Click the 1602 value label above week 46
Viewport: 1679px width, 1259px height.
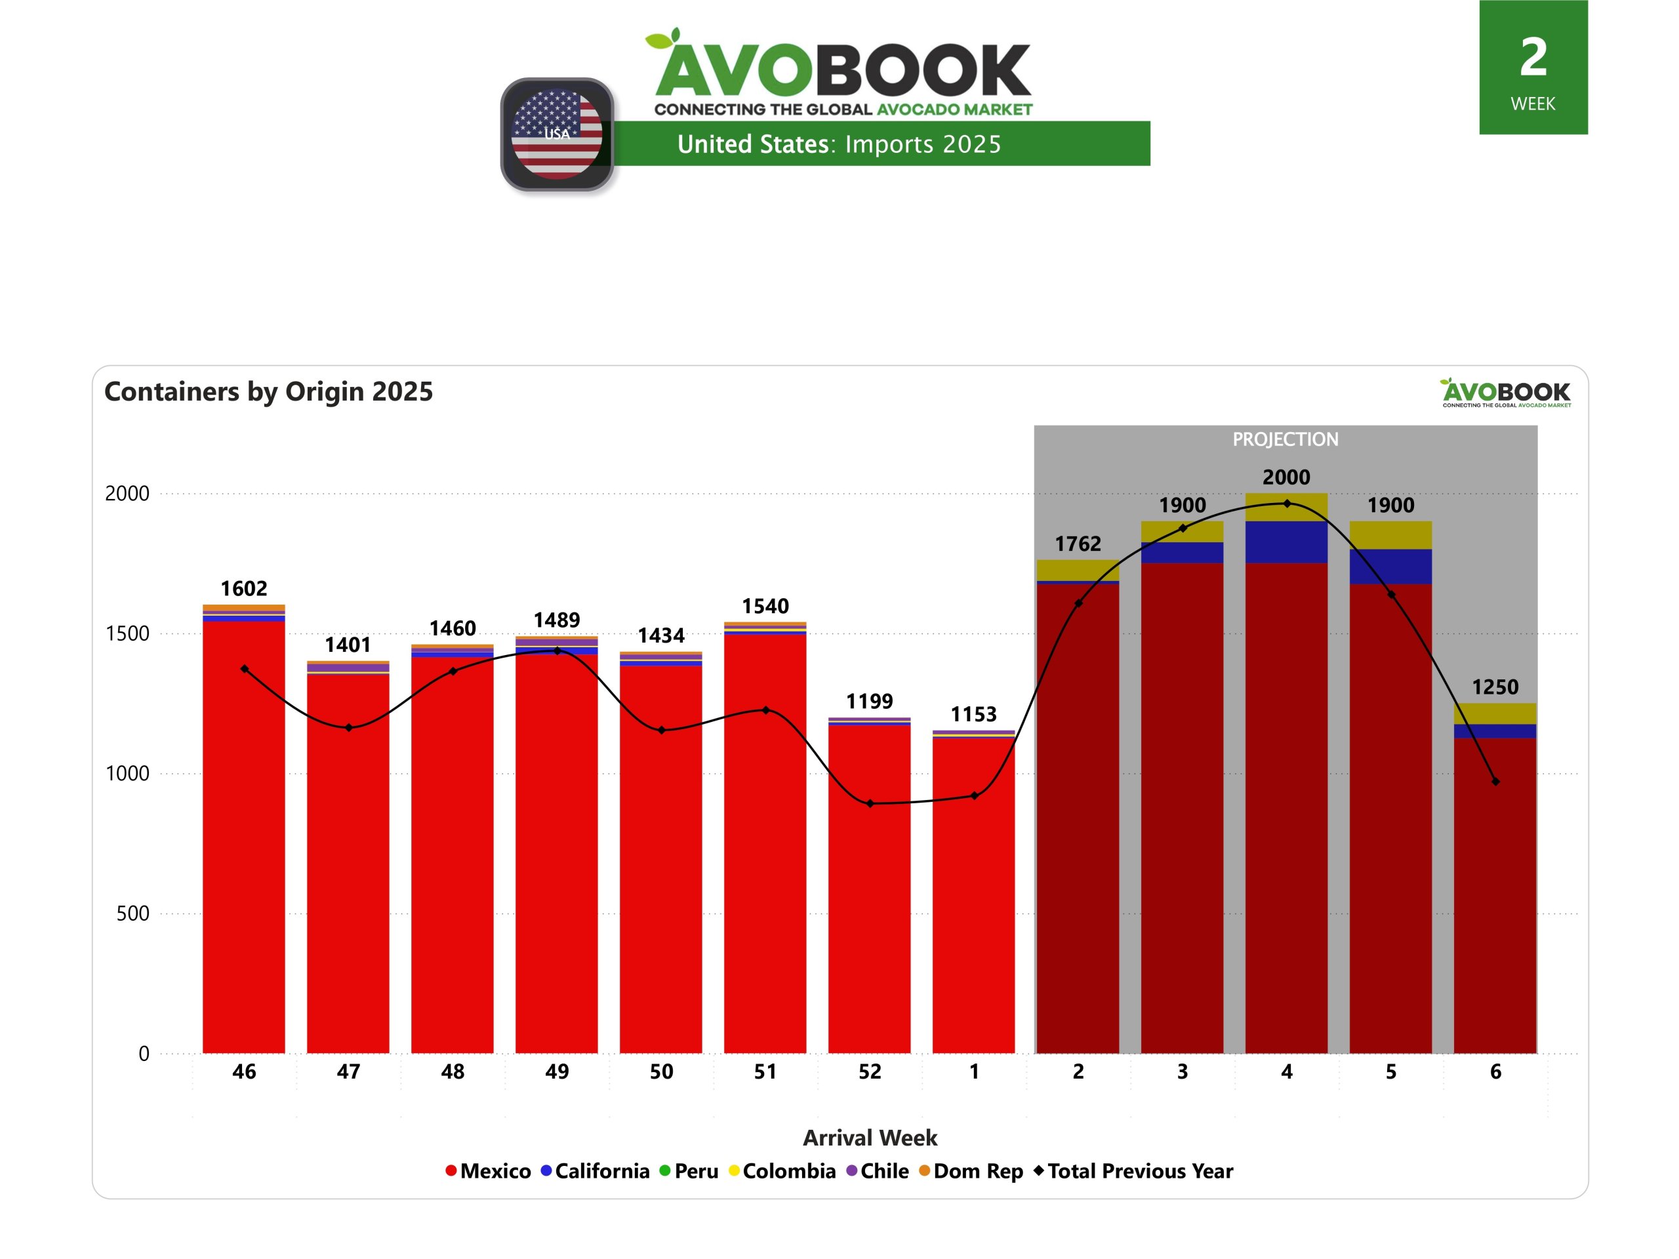click(x=244, y=588)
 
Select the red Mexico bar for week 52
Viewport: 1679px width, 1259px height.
click(x=869, y=888)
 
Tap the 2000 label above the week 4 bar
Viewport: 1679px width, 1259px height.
click(x=1286, y=477)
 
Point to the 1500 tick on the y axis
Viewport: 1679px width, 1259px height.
click(x=127, y=633)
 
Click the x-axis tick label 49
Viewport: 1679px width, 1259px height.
click(x=556, y=1071)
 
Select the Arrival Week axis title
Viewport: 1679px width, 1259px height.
click(x=870, y=1138)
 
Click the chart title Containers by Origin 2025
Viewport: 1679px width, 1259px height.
click(x=269, y=391)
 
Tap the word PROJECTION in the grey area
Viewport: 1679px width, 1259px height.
click(x=1285, y=439)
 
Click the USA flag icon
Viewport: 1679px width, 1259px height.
click(x=557, y=134)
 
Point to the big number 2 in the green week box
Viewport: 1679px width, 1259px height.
click(x=1533, y=58)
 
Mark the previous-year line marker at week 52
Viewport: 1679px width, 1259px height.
click(x=870, y=803)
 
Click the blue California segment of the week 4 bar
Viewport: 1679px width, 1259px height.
click(x=1286, y=542)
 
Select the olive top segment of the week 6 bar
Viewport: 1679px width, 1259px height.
click(x=1495, y=713)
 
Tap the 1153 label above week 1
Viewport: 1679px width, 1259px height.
click(x=973, y=714)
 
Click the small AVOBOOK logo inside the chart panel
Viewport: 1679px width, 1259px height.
click(x=1506, y=392)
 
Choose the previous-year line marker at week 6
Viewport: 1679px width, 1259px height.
click(x=1495, y=782)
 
